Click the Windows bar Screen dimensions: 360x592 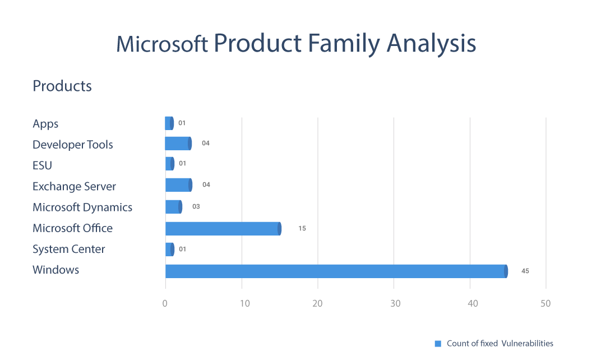tap(336, 271)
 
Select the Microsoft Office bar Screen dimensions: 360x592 tap(223, 228)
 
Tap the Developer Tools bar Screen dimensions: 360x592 tap(178, 144)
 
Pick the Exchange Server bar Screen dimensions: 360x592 tap(179, 185)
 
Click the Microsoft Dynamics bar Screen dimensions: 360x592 tap(174, 207)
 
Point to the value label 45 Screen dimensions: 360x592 tap(525, 271)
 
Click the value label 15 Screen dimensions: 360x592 tap(302, 228)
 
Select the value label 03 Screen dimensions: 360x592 tap(196, 207)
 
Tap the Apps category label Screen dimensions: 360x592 tap(45, 124)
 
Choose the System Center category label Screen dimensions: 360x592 tap(69, 249)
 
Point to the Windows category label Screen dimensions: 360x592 tap(56, 270)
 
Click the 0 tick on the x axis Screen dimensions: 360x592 tap(165, 303)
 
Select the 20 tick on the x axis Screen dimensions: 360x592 tap(317, 303)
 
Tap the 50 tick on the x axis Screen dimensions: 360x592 tap(545, 303)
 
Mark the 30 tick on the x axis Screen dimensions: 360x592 tap(394, 303)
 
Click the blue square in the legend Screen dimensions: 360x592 tap(438, 343)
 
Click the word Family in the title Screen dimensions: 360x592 tap(337, 44)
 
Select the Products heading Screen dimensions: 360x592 tap(62, 86)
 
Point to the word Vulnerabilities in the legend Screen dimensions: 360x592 tap(527, 343)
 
